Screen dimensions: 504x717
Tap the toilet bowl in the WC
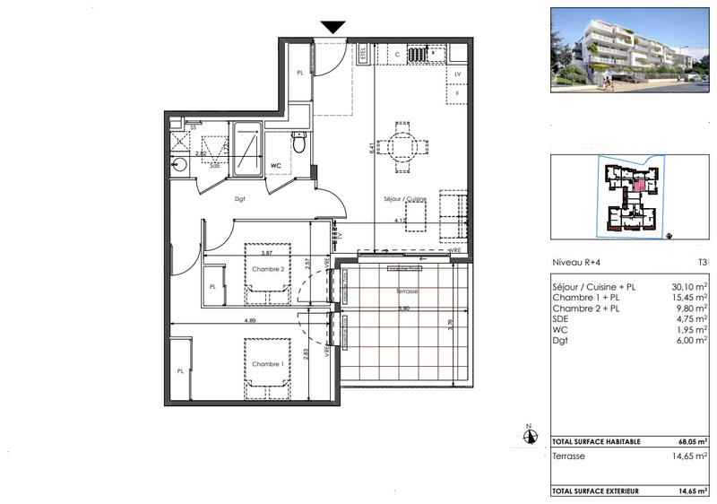click(x=299, y=141)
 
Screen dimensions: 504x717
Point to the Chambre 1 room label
click(x=267, y=363)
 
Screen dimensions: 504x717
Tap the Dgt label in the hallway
click(x=240, y=200)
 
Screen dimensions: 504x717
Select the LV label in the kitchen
click(x=457, y=74)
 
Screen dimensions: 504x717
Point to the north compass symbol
click(x=531, y=436)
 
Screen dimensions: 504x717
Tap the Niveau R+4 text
click(x=577, y=263)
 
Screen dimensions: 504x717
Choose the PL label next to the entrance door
click(x=300, y=74)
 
